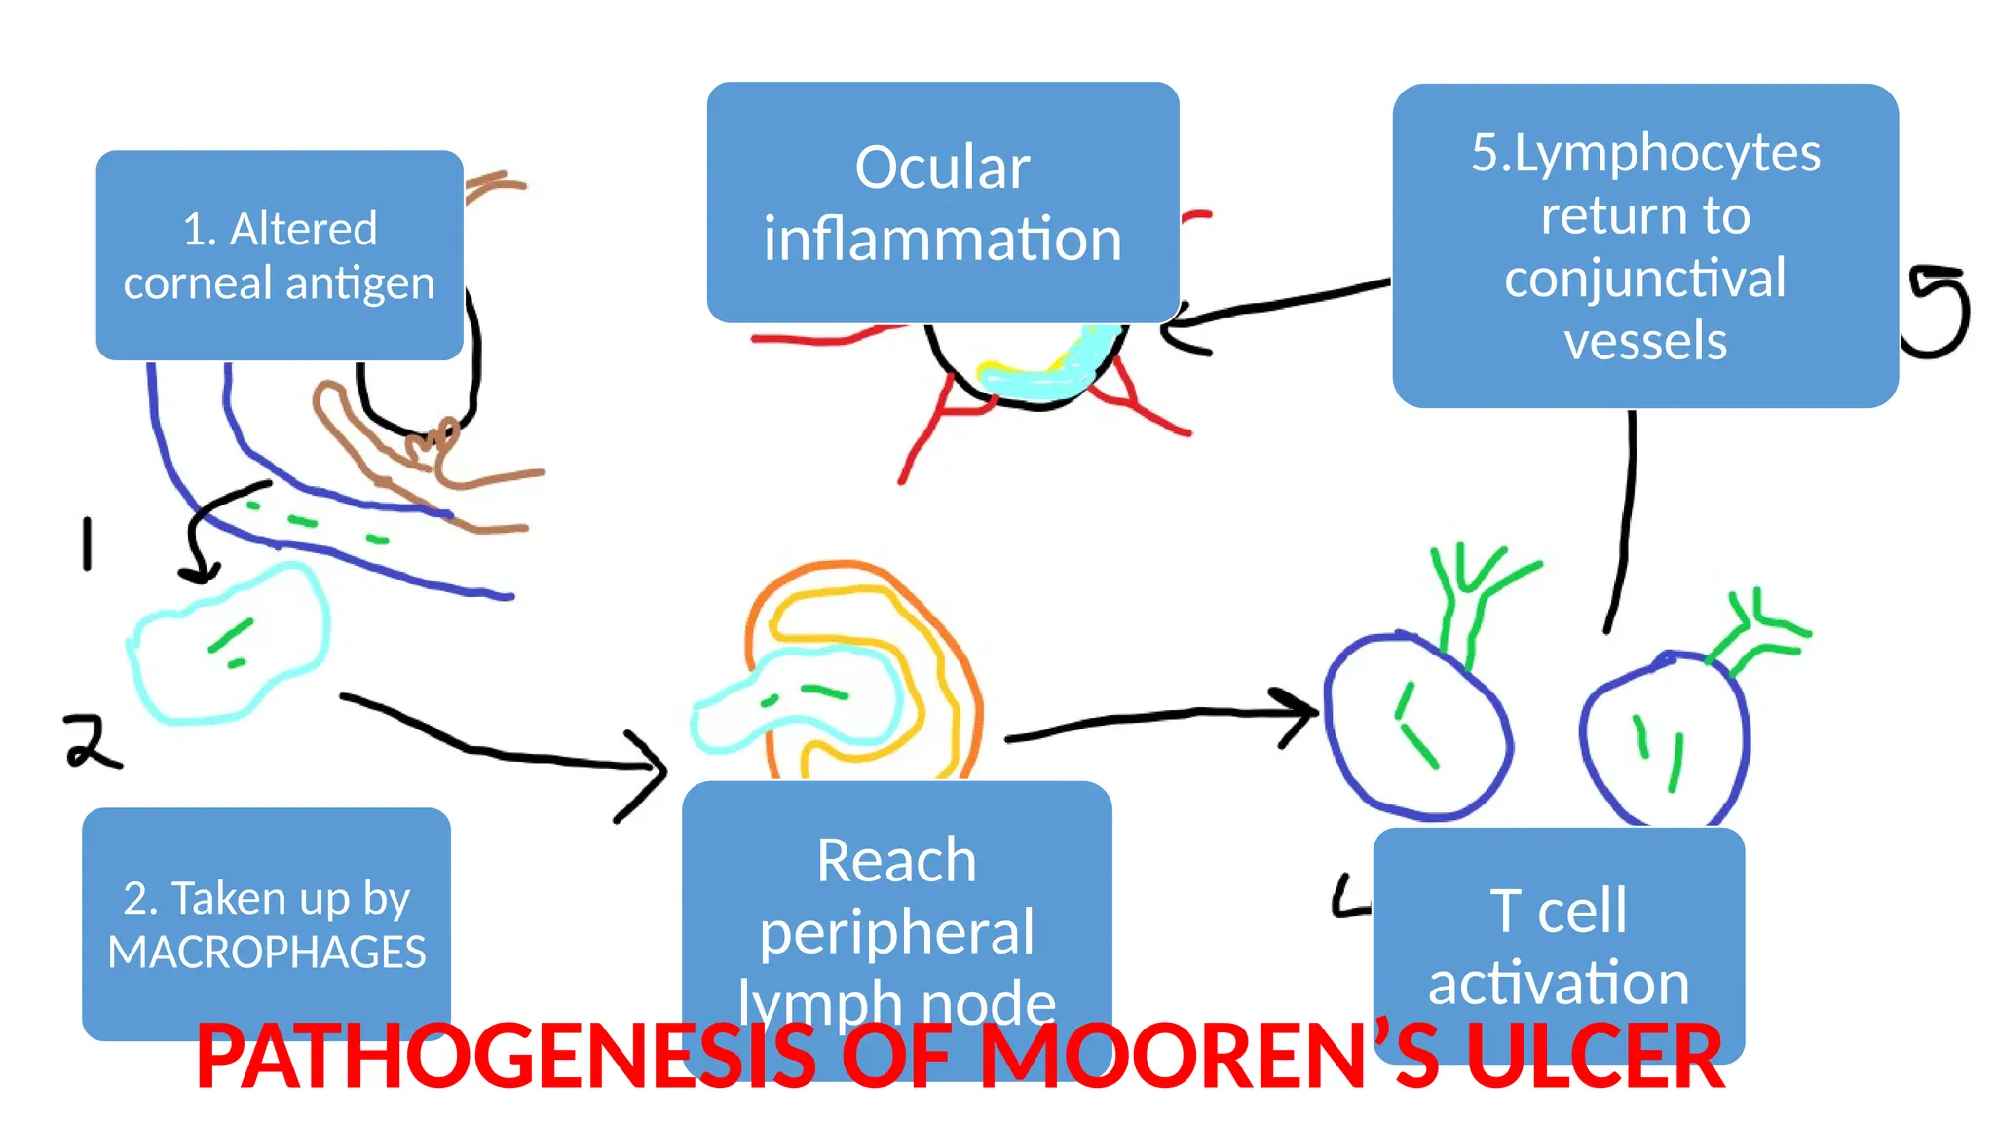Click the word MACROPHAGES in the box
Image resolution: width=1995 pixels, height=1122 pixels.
pyautogui.click(x=266, y=952)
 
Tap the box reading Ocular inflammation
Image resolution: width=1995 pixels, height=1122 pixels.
pyautogui.click(x=942, y=202)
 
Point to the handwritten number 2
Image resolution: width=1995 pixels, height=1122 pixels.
pyautogui.click(x=92, y=742)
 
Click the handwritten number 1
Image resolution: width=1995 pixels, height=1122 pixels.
pyautogui.click(x=88, y=543)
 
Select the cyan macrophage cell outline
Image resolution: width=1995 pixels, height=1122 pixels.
pyautogui.click(x=229, y=645)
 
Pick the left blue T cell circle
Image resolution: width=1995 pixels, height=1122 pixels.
pyautogui.click(x=1417, y=726)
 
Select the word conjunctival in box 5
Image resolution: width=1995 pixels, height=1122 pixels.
pyautogui.click(x=1645, y=278)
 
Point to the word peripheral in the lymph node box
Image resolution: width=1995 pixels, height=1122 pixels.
pyautogui.click(x=896, y=932)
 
